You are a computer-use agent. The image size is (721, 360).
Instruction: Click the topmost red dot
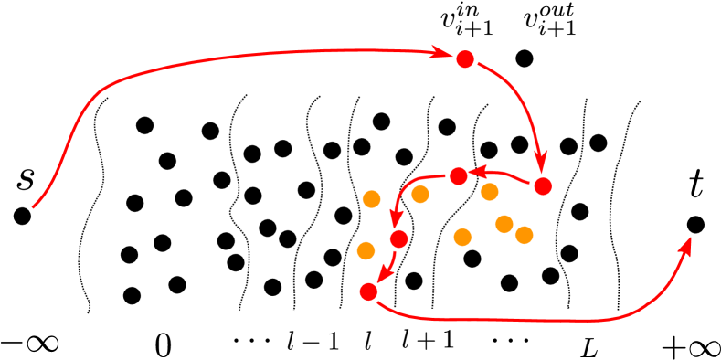point(465,59)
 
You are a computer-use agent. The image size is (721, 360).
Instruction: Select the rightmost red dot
point(543,186)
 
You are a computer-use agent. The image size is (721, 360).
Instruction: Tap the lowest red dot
point(368,291)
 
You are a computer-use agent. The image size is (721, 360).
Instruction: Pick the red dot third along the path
point(459,176)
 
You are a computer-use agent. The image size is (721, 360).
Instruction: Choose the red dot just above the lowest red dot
point(398,239)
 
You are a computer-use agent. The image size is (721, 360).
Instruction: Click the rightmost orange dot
point(524,235)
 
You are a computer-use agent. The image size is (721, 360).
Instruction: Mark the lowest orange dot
point(366,250)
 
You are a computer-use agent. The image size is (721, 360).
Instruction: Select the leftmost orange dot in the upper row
point(371,199)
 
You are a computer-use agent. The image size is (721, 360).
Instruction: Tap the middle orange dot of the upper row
point(420,194)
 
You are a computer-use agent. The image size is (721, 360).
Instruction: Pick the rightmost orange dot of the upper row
point(490,192)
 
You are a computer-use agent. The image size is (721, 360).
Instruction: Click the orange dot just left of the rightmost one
point(504,224)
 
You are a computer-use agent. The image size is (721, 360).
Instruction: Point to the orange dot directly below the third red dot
point(462,238)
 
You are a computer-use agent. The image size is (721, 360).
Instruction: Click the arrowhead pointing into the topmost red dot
point(442,53)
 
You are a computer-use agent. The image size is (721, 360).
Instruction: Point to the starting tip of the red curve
point(34,207)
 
